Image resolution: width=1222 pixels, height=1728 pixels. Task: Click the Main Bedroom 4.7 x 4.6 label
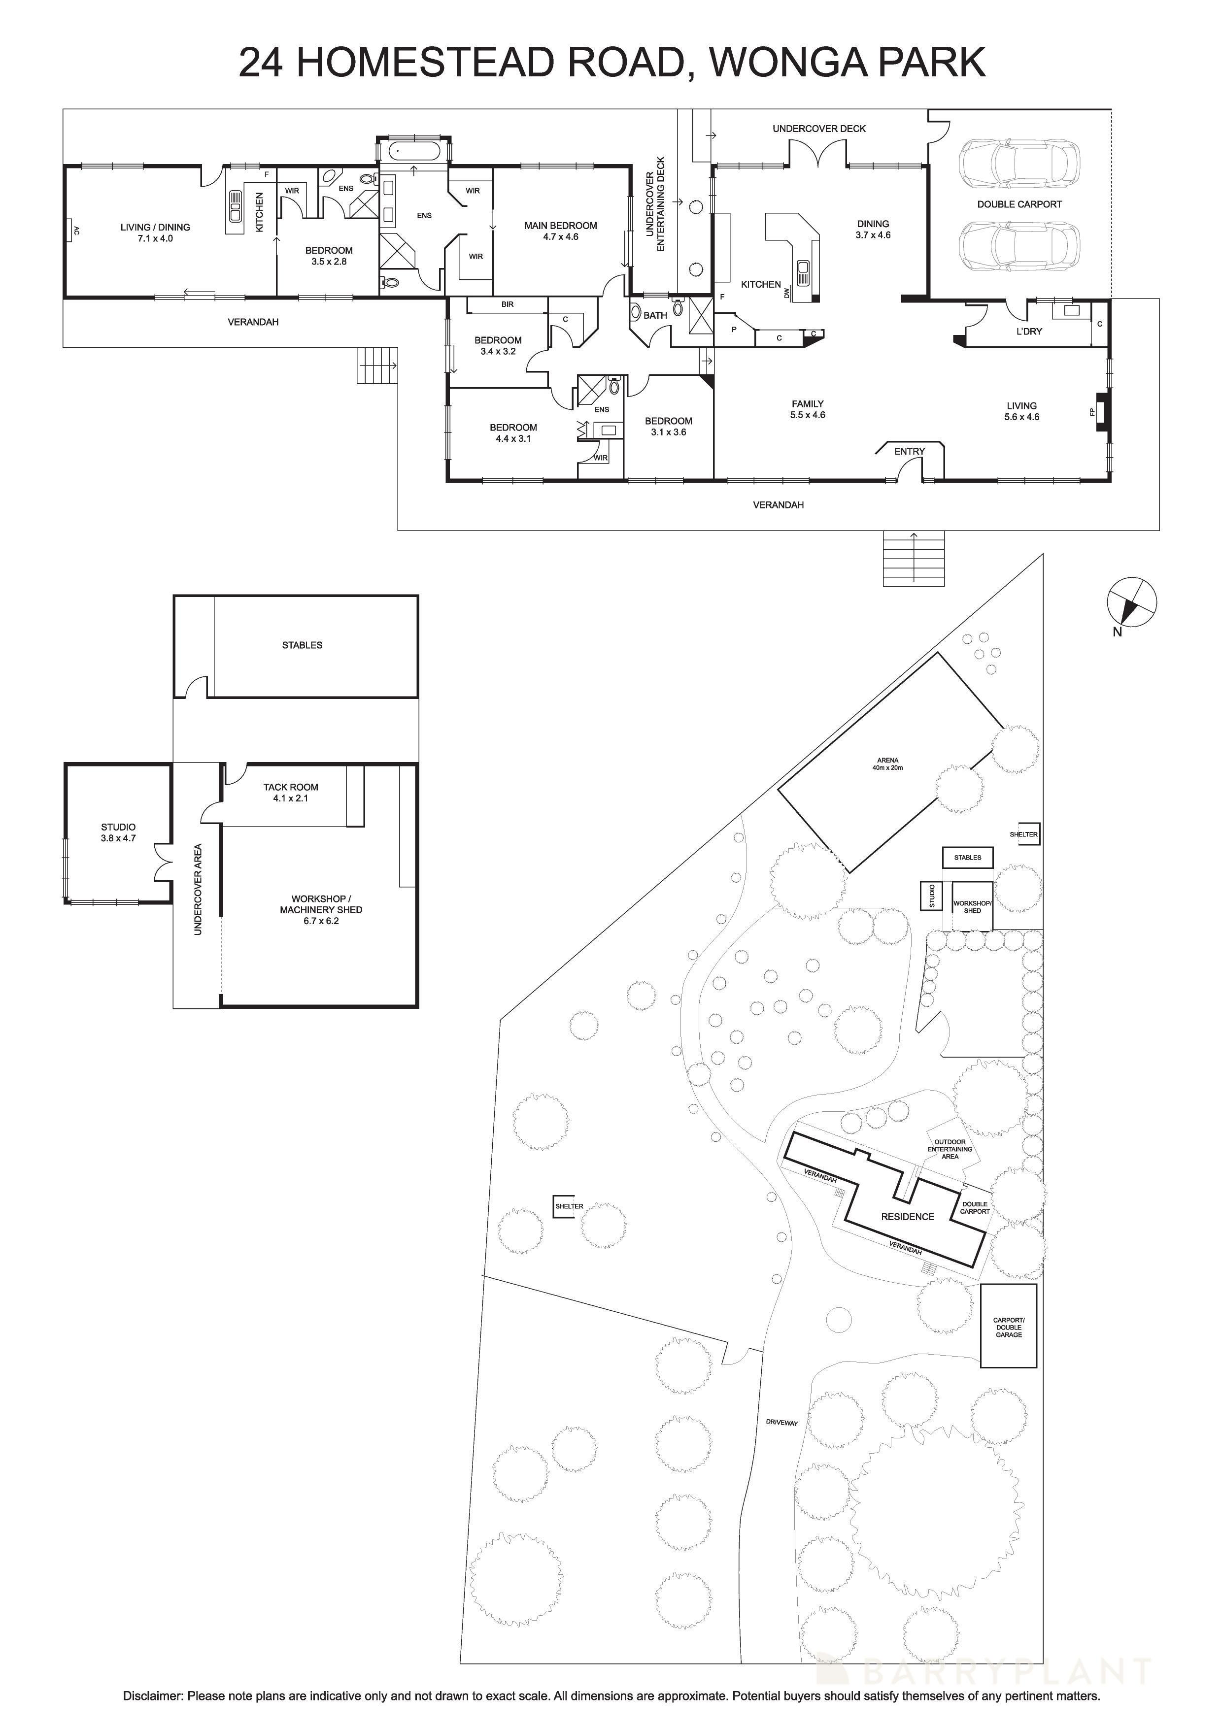tap(560, 231)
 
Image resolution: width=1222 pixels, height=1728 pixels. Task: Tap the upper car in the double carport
tap(1018, 164)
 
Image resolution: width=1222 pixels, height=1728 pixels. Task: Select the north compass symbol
tap(1131, 602)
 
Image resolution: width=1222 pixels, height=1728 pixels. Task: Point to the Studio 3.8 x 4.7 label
tap(118, 831)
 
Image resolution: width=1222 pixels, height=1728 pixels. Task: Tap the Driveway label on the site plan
tap(781, 1423)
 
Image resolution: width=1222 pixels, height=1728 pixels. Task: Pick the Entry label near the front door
tap(909, 451)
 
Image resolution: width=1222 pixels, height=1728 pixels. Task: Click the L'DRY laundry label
tap(1028, 331)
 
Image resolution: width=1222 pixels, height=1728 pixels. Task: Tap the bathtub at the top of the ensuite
tap(414, 151)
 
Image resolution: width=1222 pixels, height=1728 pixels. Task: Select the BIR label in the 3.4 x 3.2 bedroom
tap(508, 304)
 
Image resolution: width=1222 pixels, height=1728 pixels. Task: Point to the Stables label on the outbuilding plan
tap(302, 645)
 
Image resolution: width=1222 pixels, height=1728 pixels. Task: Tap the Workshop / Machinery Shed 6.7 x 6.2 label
tap(321, 909)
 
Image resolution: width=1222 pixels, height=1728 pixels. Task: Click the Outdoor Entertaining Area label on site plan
tap(950, 1149)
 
